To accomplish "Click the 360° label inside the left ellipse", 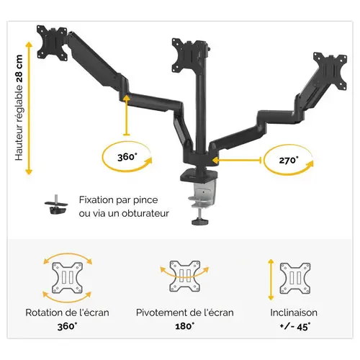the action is pyautogui.click(x=127, y=157).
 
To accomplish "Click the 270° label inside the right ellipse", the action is pyautogui.click(x=289, y=160).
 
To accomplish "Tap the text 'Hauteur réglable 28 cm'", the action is pyautogui.click(x=19, y=108).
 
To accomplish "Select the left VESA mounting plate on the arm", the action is pyautogui.click(x=52, y=43).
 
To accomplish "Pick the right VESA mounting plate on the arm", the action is pyautogui.click(x=330, y=71).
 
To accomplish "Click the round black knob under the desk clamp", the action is pyautogui.click(x=199, y=221).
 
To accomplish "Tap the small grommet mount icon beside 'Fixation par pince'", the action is pyautogui.click(x=56, y=204).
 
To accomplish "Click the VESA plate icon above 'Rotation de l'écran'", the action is pyautogui.click(x=68, y=278).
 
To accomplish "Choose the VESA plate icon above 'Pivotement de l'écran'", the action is pyautogui.click(x=185, y=276).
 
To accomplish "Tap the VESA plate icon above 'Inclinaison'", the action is pyautogui.click(x=295, y=279).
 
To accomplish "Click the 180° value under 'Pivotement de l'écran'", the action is pyautogui.click(x=185, y=326).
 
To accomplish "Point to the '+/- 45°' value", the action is pyautogui.click(x=295, y=327).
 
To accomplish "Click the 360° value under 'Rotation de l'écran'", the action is pyautogui.click(x=68, y=326).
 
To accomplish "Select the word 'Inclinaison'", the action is pyautogui.click(x=294, y=312).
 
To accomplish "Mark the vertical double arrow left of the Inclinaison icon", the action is pyautogui.click(x=271, y=279).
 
